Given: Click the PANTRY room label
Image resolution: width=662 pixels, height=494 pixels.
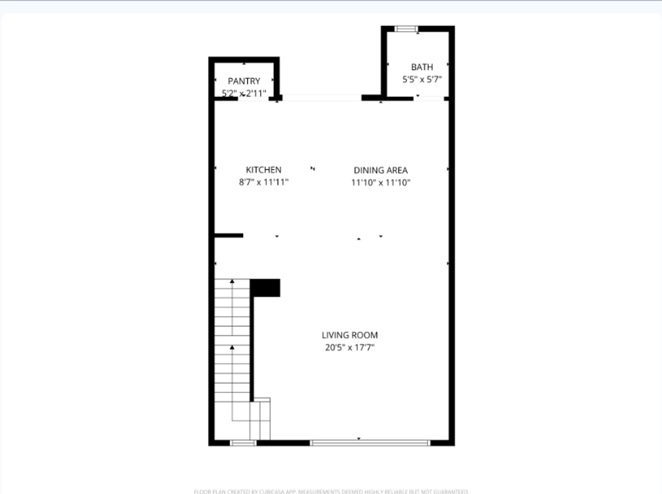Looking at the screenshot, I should (x=244, y=81).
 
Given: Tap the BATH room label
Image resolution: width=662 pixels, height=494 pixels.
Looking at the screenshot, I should (x=422, y=67).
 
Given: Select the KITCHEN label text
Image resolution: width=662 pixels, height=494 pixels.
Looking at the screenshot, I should (x=263, y=170).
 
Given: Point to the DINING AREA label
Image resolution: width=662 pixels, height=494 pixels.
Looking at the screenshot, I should (x=381, y=170).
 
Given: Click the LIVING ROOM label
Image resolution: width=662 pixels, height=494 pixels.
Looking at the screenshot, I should (x=350, y=335).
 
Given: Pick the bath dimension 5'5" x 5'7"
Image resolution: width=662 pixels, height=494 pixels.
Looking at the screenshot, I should (x=422, y=79).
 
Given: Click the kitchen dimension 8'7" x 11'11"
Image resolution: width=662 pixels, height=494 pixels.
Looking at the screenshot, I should (x=263, y=182).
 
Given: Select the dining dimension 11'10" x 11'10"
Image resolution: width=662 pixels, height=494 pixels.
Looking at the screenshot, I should (x=381, y=183).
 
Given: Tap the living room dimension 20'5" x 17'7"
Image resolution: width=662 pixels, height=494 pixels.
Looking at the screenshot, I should (x=350, y=348).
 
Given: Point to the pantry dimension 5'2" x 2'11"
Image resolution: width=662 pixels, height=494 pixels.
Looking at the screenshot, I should (x=244, y=94).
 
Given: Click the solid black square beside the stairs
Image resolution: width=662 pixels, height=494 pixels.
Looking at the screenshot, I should (x=266, y=288).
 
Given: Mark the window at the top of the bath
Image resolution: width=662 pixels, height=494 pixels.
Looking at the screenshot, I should (x=406, y=29).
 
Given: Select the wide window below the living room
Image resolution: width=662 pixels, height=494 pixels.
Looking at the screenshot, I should (x=370, y=442).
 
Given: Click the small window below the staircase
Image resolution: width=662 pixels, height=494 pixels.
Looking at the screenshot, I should (x=243, y=442).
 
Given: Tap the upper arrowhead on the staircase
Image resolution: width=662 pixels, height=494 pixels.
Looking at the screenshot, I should (x=232, y=281).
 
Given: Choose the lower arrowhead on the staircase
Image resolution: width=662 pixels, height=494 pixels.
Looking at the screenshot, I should (x=232, y=347).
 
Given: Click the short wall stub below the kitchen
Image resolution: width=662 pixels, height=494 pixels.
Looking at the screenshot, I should (x=229, y=236).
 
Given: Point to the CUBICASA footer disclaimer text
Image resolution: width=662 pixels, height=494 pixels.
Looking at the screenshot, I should (x=331, y=491).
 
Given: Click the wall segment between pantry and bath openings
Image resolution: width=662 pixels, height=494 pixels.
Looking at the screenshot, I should (x=372, y=97).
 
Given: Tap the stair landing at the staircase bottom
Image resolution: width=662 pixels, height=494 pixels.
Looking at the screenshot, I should (x=260, y=419).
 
